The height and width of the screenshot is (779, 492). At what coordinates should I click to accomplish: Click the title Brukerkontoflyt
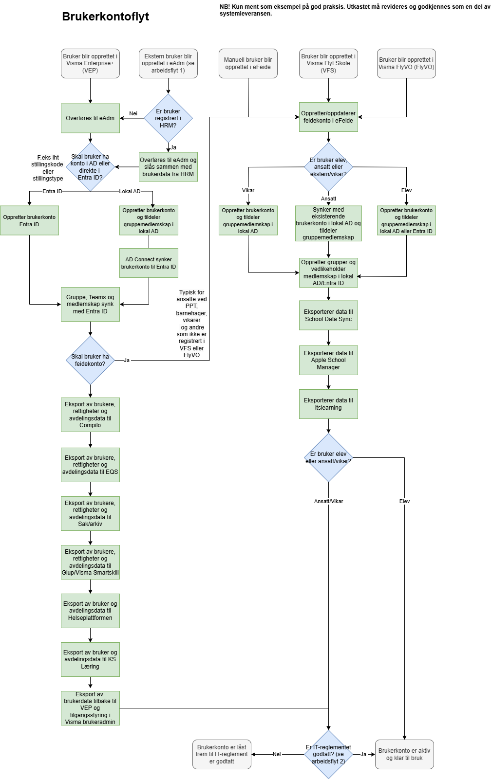[x=105, y=17]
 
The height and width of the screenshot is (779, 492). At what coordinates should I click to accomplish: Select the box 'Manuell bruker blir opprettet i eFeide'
[x=248, y=63]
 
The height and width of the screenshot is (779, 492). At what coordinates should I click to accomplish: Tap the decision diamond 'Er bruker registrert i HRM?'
[x=168, y=118]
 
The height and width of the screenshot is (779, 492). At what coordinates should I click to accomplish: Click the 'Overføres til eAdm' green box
[x=90, y=118]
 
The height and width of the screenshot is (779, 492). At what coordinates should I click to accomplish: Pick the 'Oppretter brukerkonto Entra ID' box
[x=29, y=221]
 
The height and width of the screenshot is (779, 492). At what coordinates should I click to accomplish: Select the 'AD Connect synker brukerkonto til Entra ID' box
[x=149, y=263]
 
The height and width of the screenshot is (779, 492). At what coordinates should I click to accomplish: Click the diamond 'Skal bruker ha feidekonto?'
[x=90, y=360]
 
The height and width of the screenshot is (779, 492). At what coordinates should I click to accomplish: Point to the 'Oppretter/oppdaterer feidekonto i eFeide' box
[x=328, y=117]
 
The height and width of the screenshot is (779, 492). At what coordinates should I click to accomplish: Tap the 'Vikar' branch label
[x=248, y=190]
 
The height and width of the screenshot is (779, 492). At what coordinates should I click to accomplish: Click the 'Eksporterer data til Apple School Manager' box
[x=328, y=360]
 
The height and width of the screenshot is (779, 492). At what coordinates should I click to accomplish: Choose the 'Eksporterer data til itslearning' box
[x=328, y=404]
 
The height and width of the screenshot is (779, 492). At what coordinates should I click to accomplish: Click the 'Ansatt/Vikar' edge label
[x=328, y=501]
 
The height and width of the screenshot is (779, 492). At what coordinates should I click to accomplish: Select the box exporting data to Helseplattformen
[x=90, y=611]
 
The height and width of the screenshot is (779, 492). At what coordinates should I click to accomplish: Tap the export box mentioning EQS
[x=90, y=465]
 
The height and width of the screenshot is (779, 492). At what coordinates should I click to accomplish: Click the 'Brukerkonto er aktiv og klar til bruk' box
[x=404, y=754]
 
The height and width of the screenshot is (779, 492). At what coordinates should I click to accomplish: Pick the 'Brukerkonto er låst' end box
[x=222, y=754]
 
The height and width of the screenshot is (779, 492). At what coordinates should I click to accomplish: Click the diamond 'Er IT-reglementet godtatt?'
[x=328, y=754]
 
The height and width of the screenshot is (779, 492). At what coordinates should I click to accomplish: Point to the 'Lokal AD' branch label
[x=130, y=191]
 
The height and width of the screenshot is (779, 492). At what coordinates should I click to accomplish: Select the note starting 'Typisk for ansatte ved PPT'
[x=191, y=324]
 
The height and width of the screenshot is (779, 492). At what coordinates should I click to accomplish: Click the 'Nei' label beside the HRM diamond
[x=133, y=113]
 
